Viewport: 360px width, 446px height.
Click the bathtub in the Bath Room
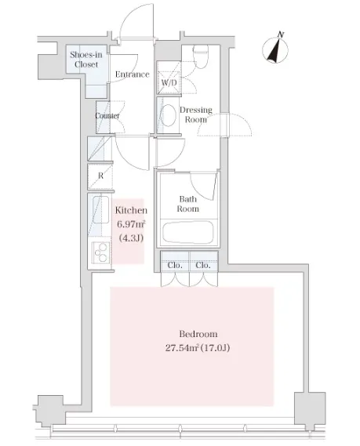pyautogui.click(x=187, y=231)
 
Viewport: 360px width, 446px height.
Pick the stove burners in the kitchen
pyautogui.click(x=101, y=252)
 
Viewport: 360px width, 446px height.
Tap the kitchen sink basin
pyautogui.click(x=100, y=209)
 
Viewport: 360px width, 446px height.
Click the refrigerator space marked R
pyautogui.click(x=100, y=176)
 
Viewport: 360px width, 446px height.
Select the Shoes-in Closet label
pyautogui.click(x=86, y=59)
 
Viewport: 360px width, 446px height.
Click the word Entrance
pyautogui.click(x=132, y=74)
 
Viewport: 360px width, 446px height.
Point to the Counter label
pyautogui.click(x=107, y=116)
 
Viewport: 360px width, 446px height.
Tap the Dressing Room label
pyautogui.click(x=196, y=114)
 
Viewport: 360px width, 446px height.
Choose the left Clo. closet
pyautogui.click(x=175, y=265)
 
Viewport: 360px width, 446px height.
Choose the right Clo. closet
pyautogui.click(x=203, y=265)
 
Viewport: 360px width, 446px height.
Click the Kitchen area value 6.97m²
pyautogui.click(x=131, y=224)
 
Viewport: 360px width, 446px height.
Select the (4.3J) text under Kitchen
pyautogui.click(x=131, y=238)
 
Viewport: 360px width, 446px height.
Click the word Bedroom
pyautogui.click(x=198, y=334)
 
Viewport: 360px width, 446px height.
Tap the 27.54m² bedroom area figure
pyautogui.click(x=182, y=347)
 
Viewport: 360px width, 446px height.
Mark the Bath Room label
pyautogui.click(x=187, y=204)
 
